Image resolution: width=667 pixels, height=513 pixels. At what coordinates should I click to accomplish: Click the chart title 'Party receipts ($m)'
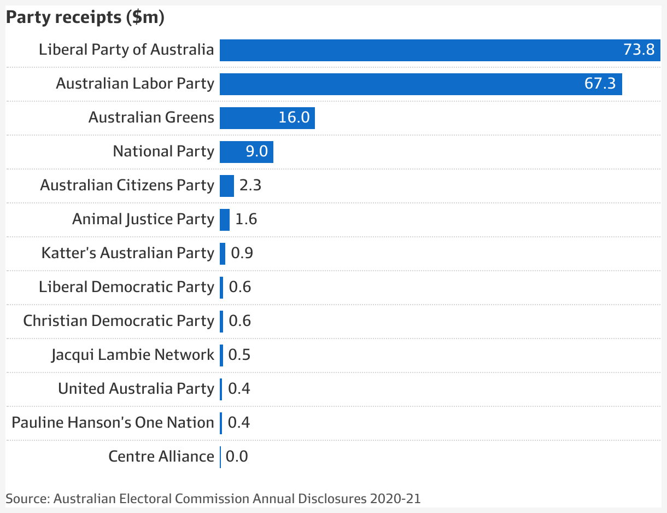click(85, 18)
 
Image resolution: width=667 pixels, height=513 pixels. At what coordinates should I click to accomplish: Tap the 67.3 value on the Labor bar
click(600, 84)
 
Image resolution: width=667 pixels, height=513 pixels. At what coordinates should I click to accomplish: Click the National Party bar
click(232, 151)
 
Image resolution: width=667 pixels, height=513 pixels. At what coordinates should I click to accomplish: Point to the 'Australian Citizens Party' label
click(127, 185)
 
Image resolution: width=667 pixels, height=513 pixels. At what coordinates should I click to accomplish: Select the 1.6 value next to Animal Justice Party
click(246, 219)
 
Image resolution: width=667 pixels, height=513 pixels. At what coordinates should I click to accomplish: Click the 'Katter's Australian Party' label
click(127, 253)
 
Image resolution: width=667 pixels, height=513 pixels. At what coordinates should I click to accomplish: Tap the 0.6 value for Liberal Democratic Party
click(240, 287)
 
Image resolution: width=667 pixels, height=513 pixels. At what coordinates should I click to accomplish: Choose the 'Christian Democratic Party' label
click(119, 321)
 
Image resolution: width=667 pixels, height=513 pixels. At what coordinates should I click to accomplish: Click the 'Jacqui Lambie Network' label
click(133, 355)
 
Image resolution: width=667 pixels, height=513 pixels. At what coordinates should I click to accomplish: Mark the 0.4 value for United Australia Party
click(239, 389)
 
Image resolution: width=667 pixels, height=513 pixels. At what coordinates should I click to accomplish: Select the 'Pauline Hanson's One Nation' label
click(113, 423)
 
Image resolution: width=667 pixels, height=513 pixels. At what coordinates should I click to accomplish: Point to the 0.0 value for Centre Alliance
click(237, 457)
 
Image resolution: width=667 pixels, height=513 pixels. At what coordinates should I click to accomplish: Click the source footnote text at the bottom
click(213, 499)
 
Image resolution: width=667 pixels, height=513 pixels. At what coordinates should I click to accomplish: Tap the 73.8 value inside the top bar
click(639, 50)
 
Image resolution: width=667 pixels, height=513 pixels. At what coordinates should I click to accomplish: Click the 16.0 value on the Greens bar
click(294, 118)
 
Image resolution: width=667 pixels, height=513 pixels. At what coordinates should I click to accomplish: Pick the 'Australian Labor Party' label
click(135, 84)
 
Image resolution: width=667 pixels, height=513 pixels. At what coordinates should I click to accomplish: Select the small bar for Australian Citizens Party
click(227, 185)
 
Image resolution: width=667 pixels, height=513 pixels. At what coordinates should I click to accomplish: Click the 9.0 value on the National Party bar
click(256, 151)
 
